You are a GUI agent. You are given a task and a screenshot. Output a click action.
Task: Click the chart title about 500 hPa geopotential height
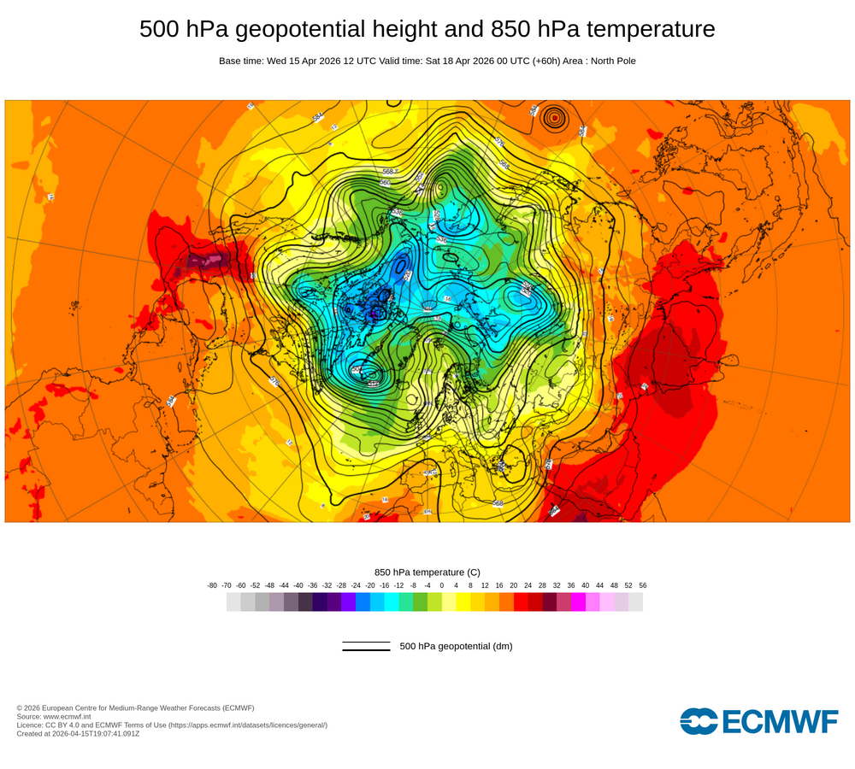pos(427,29)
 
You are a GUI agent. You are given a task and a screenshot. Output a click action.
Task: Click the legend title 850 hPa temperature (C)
pos(427,572)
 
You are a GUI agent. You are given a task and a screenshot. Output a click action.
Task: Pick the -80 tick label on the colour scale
pos(212,585)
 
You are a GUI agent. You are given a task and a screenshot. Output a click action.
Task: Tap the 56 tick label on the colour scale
pos(642,585)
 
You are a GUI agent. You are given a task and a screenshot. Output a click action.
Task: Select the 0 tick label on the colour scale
pos(441,585)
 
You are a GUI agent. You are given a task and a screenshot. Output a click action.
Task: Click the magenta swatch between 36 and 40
pos(578,602)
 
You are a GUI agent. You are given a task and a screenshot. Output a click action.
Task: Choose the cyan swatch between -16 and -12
pos(392,602)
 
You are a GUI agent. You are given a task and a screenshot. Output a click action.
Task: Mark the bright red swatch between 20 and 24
pos(521,602)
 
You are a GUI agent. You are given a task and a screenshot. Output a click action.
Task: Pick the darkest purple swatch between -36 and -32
pos(320,602)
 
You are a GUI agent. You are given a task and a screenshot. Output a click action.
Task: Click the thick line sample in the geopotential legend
pos(366,649)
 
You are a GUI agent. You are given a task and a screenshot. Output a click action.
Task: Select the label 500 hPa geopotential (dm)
pos(456,646)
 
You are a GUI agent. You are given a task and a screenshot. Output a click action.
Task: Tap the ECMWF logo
pos(758,721)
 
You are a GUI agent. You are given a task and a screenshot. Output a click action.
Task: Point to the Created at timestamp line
pos(78,733)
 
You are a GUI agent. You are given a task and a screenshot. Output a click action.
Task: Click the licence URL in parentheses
pos(247,725)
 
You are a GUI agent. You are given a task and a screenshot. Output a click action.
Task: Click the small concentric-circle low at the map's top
pos(556,118)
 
